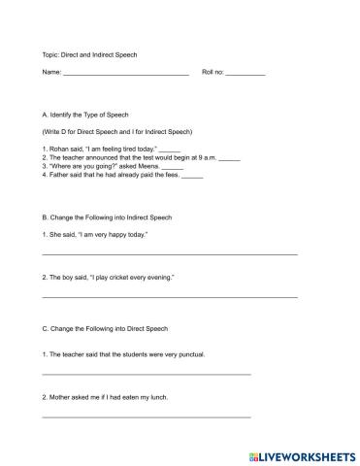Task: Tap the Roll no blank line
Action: tap(245, 75)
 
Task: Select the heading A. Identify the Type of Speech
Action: tap(92, 115)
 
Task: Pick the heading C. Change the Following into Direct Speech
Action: tap(106, 329)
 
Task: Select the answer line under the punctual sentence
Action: tap(147, 374)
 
